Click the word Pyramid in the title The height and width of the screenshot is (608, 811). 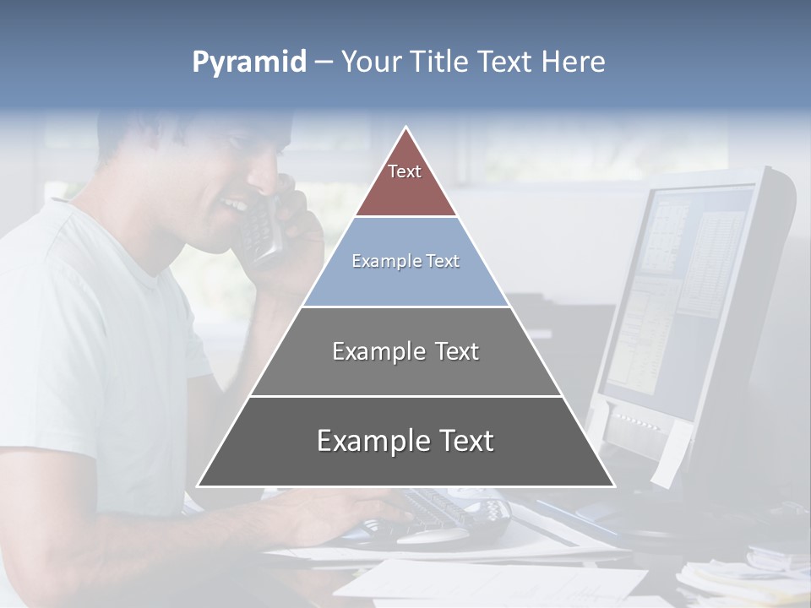(x=248, y=62)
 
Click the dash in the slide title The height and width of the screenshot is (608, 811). (x=323, y=62)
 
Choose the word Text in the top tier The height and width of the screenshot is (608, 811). (x=405, y=171)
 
